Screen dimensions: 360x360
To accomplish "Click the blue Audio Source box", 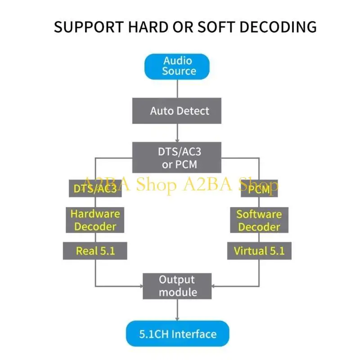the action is [177, 67].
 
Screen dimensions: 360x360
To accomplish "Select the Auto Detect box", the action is [177, 111].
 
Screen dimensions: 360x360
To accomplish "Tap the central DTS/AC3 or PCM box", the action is [177, 157].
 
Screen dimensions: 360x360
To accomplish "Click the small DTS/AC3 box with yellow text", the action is [95, 189].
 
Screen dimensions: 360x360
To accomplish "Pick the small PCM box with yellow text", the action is [259, 189].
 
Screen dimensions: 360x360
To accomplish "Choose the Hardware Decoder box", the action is [95, 220].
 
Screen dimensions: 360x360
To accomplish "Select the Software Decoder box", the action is [259, 220].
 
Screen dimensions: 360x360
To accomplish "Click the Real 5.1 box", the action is [95, 251].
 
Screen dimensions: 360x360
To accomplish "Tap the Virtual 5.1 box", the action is [260, 251].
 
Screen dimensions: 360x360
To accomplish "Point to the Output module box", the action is [177, 286].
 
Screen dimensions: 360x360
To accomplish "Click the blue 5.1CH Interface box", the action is [177, 334].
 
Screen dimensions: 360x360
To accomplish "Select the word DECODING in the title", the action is [278, 27].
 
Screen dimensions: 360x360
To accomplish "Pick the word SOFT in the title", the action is [216, 27].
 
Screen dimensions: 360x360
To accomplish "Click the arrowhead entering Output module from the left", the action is [141, 286].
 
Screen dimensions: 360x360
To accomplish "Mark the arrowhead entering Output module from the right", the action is [213, 286].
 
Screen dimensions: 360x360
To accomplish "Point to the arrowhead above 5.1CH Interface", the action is [177, 319].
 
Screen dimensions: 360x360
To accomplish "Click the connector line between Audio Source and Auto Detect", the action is [177, 89].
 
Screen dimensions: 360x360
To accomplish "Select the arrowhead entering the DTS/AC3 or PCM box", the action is [177, 140].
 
